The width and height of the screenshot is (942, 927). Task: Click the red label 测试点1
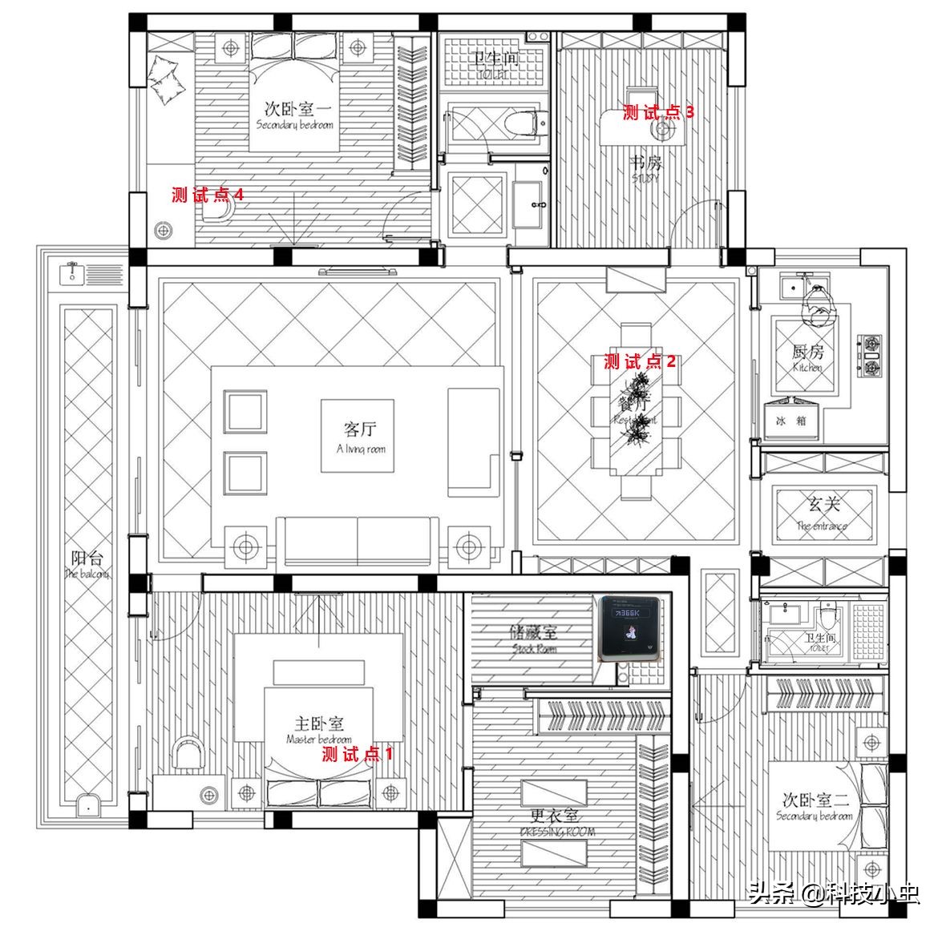click(358, 754)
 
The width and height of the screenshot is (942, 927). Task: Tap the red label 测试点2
click(640, 361)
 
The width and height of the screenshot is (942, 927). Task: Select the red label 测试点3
click(658, 113)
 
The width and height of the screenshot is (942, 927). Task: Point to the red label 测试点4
click(208, 195)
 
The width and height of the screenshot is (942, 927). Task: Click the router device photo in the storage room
click(632, 628)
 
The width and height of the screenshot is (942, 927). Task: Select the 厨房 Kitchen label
click(807, 357)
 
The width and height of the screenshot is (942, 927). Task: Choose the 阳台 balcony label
click(87, 563)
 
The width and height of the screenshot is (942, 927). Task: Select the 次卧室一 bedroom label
click(293, 115)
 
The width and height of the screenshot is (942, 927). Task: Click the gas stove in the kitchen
click(871, 357)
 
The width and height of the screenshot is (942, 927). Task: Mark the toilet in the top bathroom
click(525, 124)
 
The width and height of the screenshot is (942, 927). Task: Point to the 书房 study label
click(646, 168)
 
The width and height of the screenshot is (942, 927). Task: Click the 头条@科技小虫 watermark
click(833, 892)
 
